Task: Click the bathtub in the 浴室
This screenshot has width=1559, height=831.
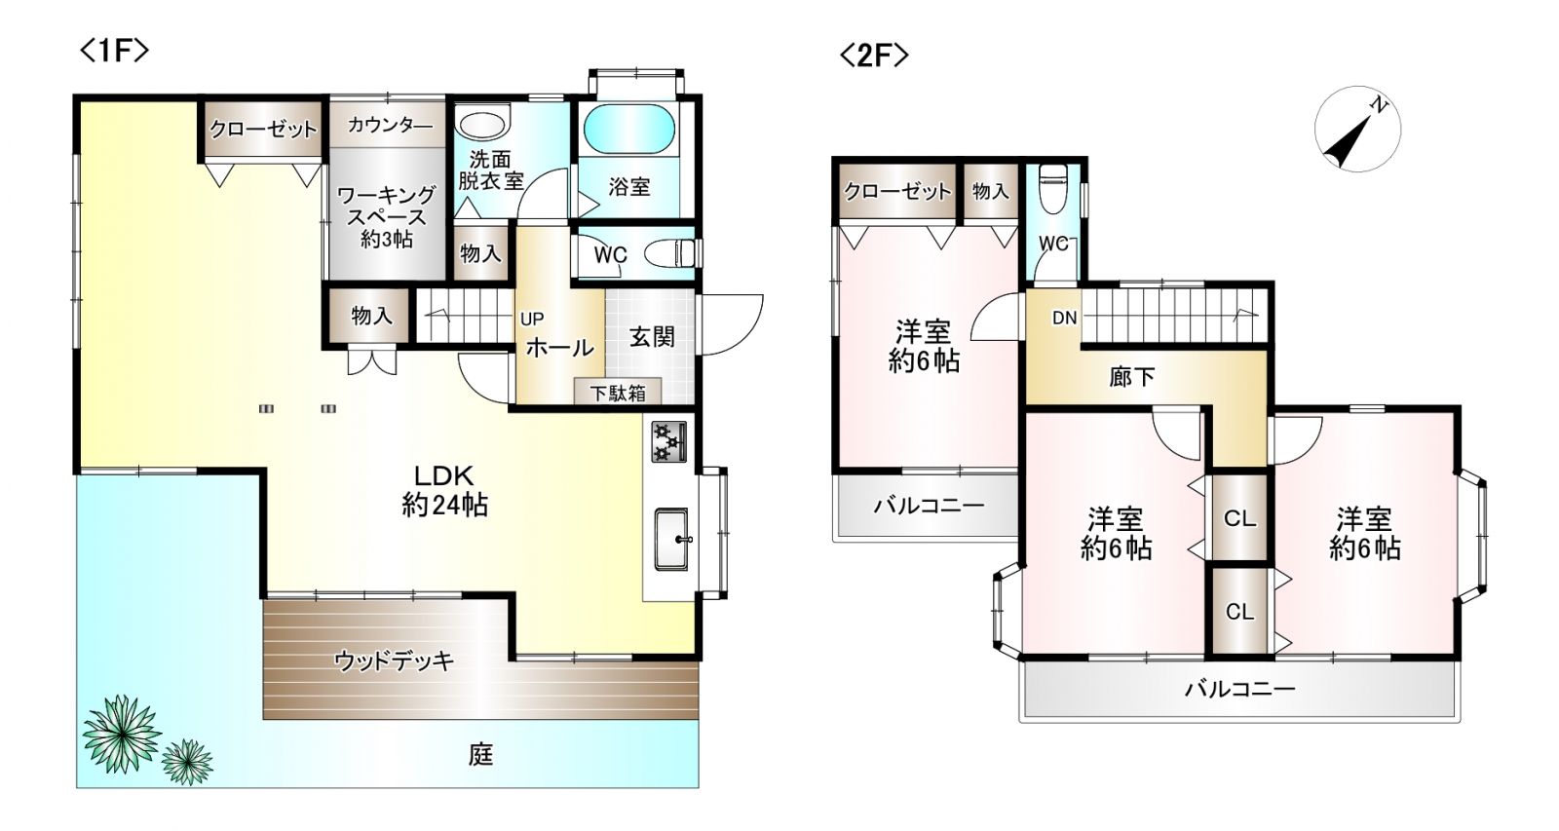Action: point(628,131)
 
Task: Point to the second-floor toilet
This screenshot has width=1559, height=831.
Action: point(1051,189)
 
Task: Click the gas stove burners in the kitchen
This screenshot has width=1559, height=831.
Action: point(668,442)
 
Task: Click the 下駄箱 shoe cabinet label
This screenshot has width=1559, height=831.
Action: point(618,394)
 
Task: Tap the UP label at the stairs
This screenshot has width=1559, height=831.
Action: point(532,320)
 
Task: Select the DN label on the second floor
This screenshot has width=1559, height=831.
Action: point(1064,318)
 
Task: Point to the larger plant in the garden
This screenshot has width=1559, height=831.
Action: point(122,734)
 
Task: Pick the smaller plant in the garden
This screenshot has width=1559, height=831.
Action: point(187,763)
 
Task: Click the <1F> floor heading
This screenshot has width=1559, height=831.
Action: point(114,52)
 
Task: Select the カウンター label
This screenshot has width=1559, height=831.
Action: point(390,126)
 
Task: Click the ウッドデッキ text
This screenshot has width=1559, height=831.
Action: point(394,661)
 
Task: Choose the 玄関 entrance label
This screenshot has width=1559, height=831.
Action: point(652,337)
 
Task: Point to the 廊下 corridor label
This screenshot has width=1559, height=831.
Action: point(1131,376)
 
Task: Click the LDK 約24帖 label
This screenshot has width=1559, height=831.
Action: point(444,491)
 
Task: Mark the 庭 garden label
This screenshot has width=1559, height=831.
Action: point(481,754)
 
